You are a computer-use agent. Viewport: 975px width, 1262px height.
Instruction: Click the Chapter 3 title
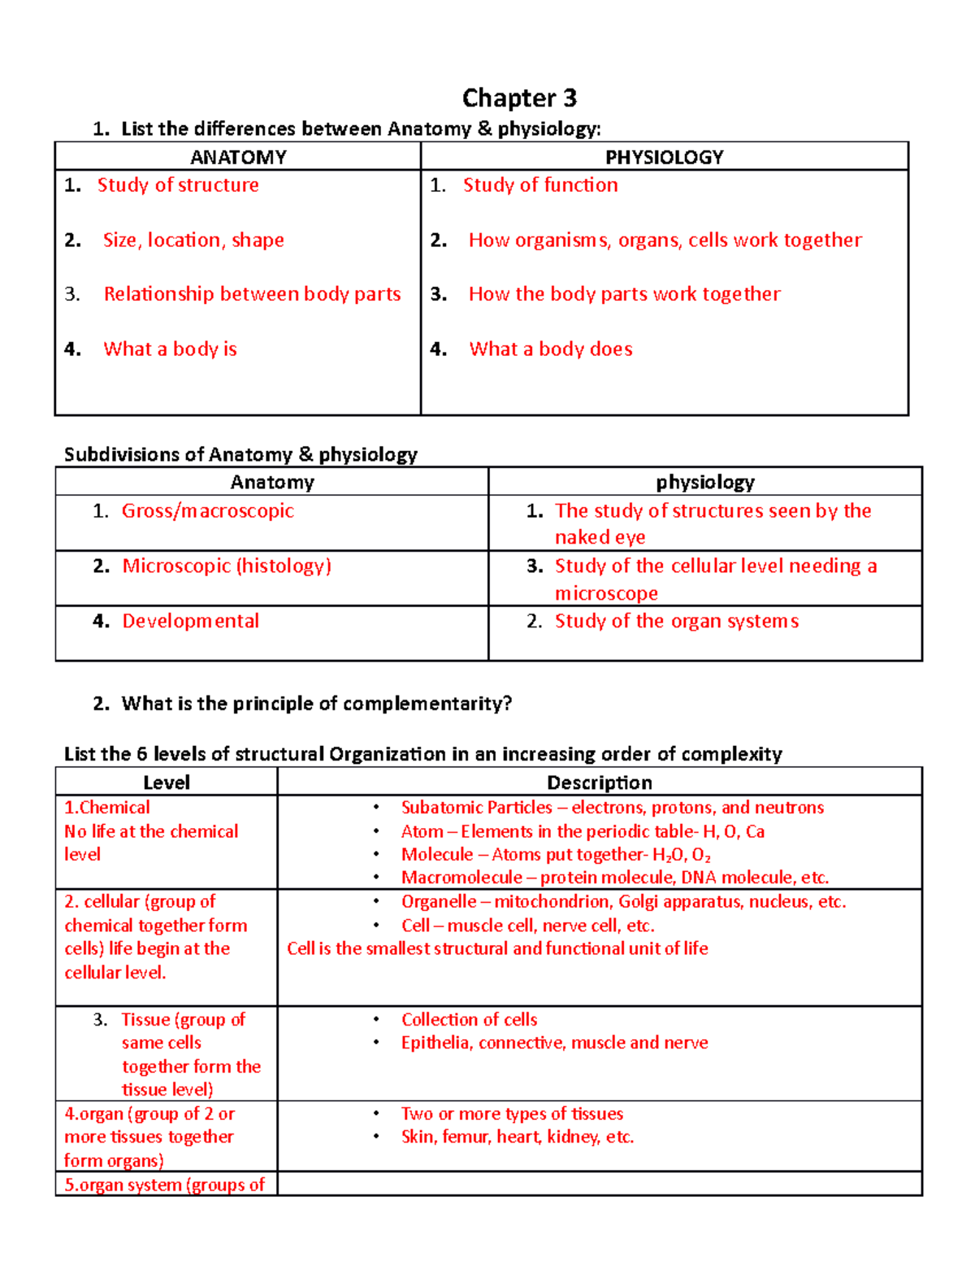click(519, 98)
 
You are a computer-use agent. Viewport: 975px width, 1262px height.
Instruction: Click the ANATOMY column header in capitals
click(238, 157)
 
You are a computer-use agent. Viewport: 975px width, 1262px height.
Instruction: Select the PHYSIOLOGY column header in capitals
click(664, 157)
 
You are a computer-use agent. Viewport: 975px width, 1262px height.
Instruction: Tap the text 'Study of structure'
click(178, 185)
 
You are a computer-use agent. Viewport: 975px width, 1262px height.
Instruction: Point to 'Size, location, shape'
click(193, 241)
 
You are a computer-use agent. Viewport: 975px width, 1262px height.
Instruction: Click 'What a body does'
click(551, 349)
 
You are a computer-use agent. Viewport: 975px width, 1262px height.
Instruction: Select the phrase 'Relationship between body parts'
click(252, 294)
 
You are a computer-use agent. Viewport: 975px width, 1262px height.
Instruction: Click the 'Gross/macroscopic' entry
click(207, 511)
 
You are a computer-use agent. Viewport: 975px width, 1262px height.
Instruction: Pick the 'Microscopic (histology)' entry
click(227, 566)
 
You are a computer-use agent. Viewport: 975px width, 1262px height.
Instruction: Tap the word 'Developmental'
click(190, 622)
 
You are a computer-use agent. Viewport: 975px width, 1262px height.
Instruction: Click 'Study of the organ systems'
click(676, 622)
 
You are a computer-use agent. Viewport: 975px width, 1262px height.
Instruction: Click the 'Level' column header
click(167, 783)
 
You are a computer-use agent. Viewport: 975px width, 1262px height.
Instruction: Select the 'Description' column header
click(599, 783)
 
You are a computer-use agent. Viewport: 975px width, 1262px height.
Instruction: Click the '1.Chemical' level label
click(107, 808)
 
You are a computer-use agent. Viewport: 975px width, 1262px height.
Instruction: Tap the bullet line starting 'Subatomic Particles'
click(612, 808)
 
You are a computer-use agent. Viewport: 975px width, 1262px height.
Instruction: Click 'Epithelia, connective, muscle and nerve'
click(554, 1043)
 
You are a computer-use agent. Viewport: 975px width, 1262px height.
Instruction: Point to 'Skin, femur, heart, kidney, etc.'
click(517, 1137)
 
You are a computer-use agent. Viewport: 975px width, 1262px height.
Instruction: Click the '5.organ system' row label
click(164, 1185)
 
